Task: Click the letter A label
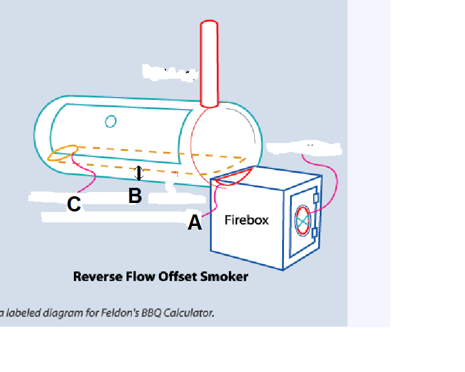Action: point(194,223)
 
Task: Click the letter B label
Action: point(135,196)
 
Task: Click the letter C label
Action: point(74,205)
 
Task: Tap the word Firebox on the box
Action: point(246,220)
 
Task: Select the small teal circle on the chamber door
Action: point(110,122)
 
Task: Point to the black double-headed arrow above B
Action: point(139,173)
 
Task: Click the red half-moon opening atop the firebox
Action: point(233,176)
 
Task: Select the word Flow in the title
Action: point(137,277)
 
